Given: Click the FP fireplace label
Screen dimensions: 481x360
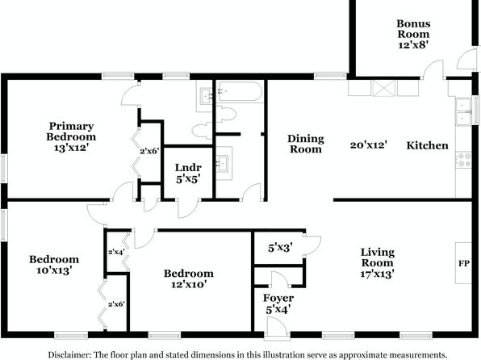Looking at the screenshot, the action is point(464,263).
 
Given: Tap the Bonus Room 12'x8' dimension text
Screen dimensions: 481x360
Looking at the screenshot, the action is point(413,45).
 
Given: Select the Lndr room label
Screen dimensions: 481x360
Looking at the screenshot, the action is point(188,168).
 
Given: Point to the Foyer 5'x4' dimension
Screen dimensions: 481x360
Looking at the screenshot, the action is point(278,310).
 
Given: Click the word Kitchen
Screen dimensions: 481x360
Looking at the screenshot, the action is point(427,145).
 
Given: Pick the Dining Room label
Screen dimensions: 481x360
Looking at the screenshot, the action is point(306,144).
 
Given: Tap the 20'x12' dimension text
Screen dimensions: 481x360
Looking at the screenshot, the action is point(369,144).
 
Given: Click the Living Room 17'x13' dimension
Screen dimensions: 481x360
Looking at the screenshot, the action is point(378,274).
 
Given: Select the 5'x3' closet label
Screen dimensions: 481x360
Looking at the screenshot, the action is point(280,247).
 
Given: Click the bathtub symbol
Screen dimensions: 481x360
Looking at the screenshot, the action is point(240,91).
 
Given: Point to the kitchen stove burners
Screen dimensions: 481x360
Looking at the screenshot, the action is point(463,160).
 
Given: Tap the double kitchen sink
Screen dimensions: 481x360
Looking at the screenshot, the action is point(463,111).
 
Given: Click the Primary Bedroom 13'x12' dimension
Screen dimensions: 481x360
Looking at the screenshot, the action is point(71,148).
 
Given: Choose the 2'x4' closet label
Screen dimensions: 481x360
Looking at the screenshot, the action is point(116,252).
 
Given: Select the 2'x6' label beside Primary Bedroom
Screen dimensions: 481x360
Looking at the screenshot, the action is point(149,151).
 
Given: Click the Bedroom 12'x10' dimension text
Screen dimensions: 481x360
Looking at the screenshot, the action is point(188,284).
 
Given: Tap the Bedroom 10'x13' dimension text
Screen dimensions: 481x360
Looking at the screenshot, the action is point(54,270).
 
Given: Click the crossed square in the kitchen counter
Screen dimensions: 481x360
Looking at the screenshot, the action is point(384,89).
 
